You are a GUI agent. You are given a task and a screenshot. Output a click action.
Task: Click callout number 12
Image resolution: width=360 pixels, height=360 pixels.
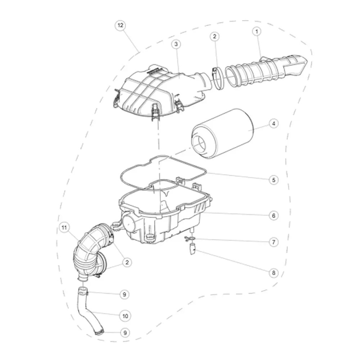[x=121, y=25]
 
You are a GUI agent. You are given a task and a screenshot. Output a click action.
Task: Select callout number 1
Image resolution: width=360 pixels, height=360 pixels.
[x=257, y=31]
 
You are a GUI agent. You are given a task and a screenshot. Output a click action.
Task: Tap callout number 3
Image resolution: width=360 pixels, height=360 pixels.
[x=176, y=44]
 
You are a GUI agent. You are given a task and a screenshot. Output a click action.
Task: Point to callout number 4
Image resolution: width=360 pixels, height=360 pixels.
[x=274, y=124]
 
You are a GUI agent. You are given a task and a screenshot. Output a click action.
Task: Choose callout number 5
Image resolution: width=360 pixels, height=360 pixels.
[x=274, y=180]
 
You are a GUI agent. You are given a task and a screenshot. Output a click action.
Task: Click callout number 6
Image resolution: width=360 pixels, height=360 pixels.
[x=274, y=216]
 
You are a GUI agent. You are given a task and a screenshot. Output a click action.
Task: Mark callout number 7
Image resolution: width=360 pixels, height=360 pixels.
[x=274, y=242]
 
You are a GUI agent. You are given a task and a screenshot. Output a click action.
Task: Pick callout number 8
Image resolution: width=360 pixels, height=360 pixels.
[x=274, y=273]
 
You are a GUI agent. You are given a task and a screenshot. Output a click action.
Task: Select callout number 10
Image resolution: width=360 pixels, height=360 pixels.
[x=125, y=316]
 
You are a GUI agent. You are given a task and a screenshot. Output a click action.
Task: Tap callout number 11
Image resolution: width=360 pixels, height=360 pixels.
[x=64, y=228]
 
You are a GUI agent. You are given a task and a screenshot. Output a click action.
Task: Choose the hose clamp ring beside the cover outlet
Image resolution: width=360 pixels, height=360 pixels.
[x=218, y=78]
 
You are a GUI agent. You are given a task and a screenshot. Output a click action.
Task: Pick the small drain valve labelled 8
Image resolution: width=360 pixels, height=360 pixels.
[x=192, y=249]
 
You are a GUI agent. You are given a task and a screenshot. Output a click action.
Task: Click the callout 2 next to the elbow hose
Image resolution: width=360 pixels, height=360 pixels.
[x=127, y=262]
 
